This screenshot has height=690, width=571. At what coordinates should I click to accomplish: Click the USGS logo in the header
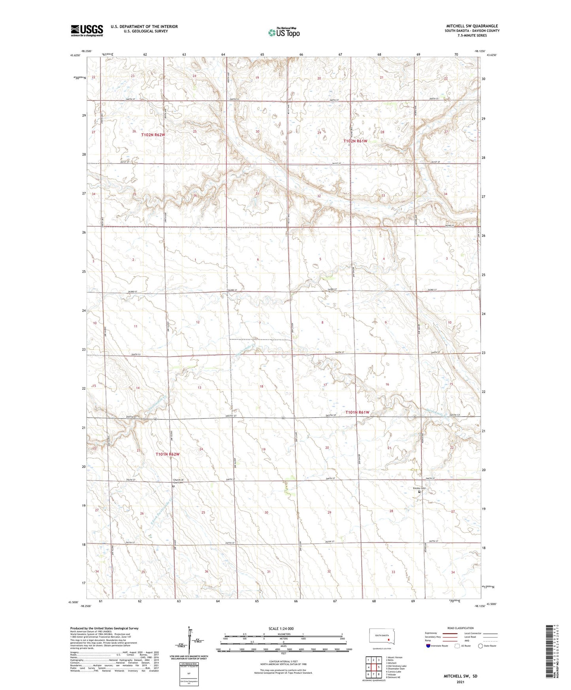87,30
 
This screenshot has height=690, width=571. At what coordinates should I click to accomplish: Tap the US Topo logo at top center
283,32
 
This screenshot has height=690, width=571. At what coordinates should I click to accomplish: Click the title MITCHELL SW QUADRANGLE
472,26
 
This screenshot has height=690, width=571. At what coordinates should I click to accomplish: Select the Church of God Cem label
178,481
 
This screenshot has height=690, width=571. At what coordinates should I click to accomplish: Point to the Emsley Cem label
419,488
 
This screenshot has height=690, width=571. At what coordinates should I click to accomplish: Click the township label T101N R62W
168,454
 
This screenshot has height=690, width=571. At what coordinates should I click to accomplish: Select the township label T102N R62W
153,135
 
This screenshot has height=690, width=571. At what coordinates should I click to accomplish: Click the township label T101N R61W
357,412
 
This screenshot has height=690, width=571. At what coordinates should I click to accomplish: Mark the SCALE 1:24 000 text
281,628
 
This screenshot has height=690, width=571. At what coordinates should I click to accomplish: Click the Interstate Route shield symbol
428,646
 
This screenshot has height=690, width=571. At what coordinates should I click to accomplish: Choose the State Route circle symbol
481,646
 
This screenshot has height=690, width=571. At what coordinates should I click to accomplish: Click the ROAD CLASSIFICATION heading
460,628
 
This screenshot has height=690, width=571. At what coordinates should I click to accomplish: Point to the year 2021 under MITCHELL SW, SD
460,682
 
